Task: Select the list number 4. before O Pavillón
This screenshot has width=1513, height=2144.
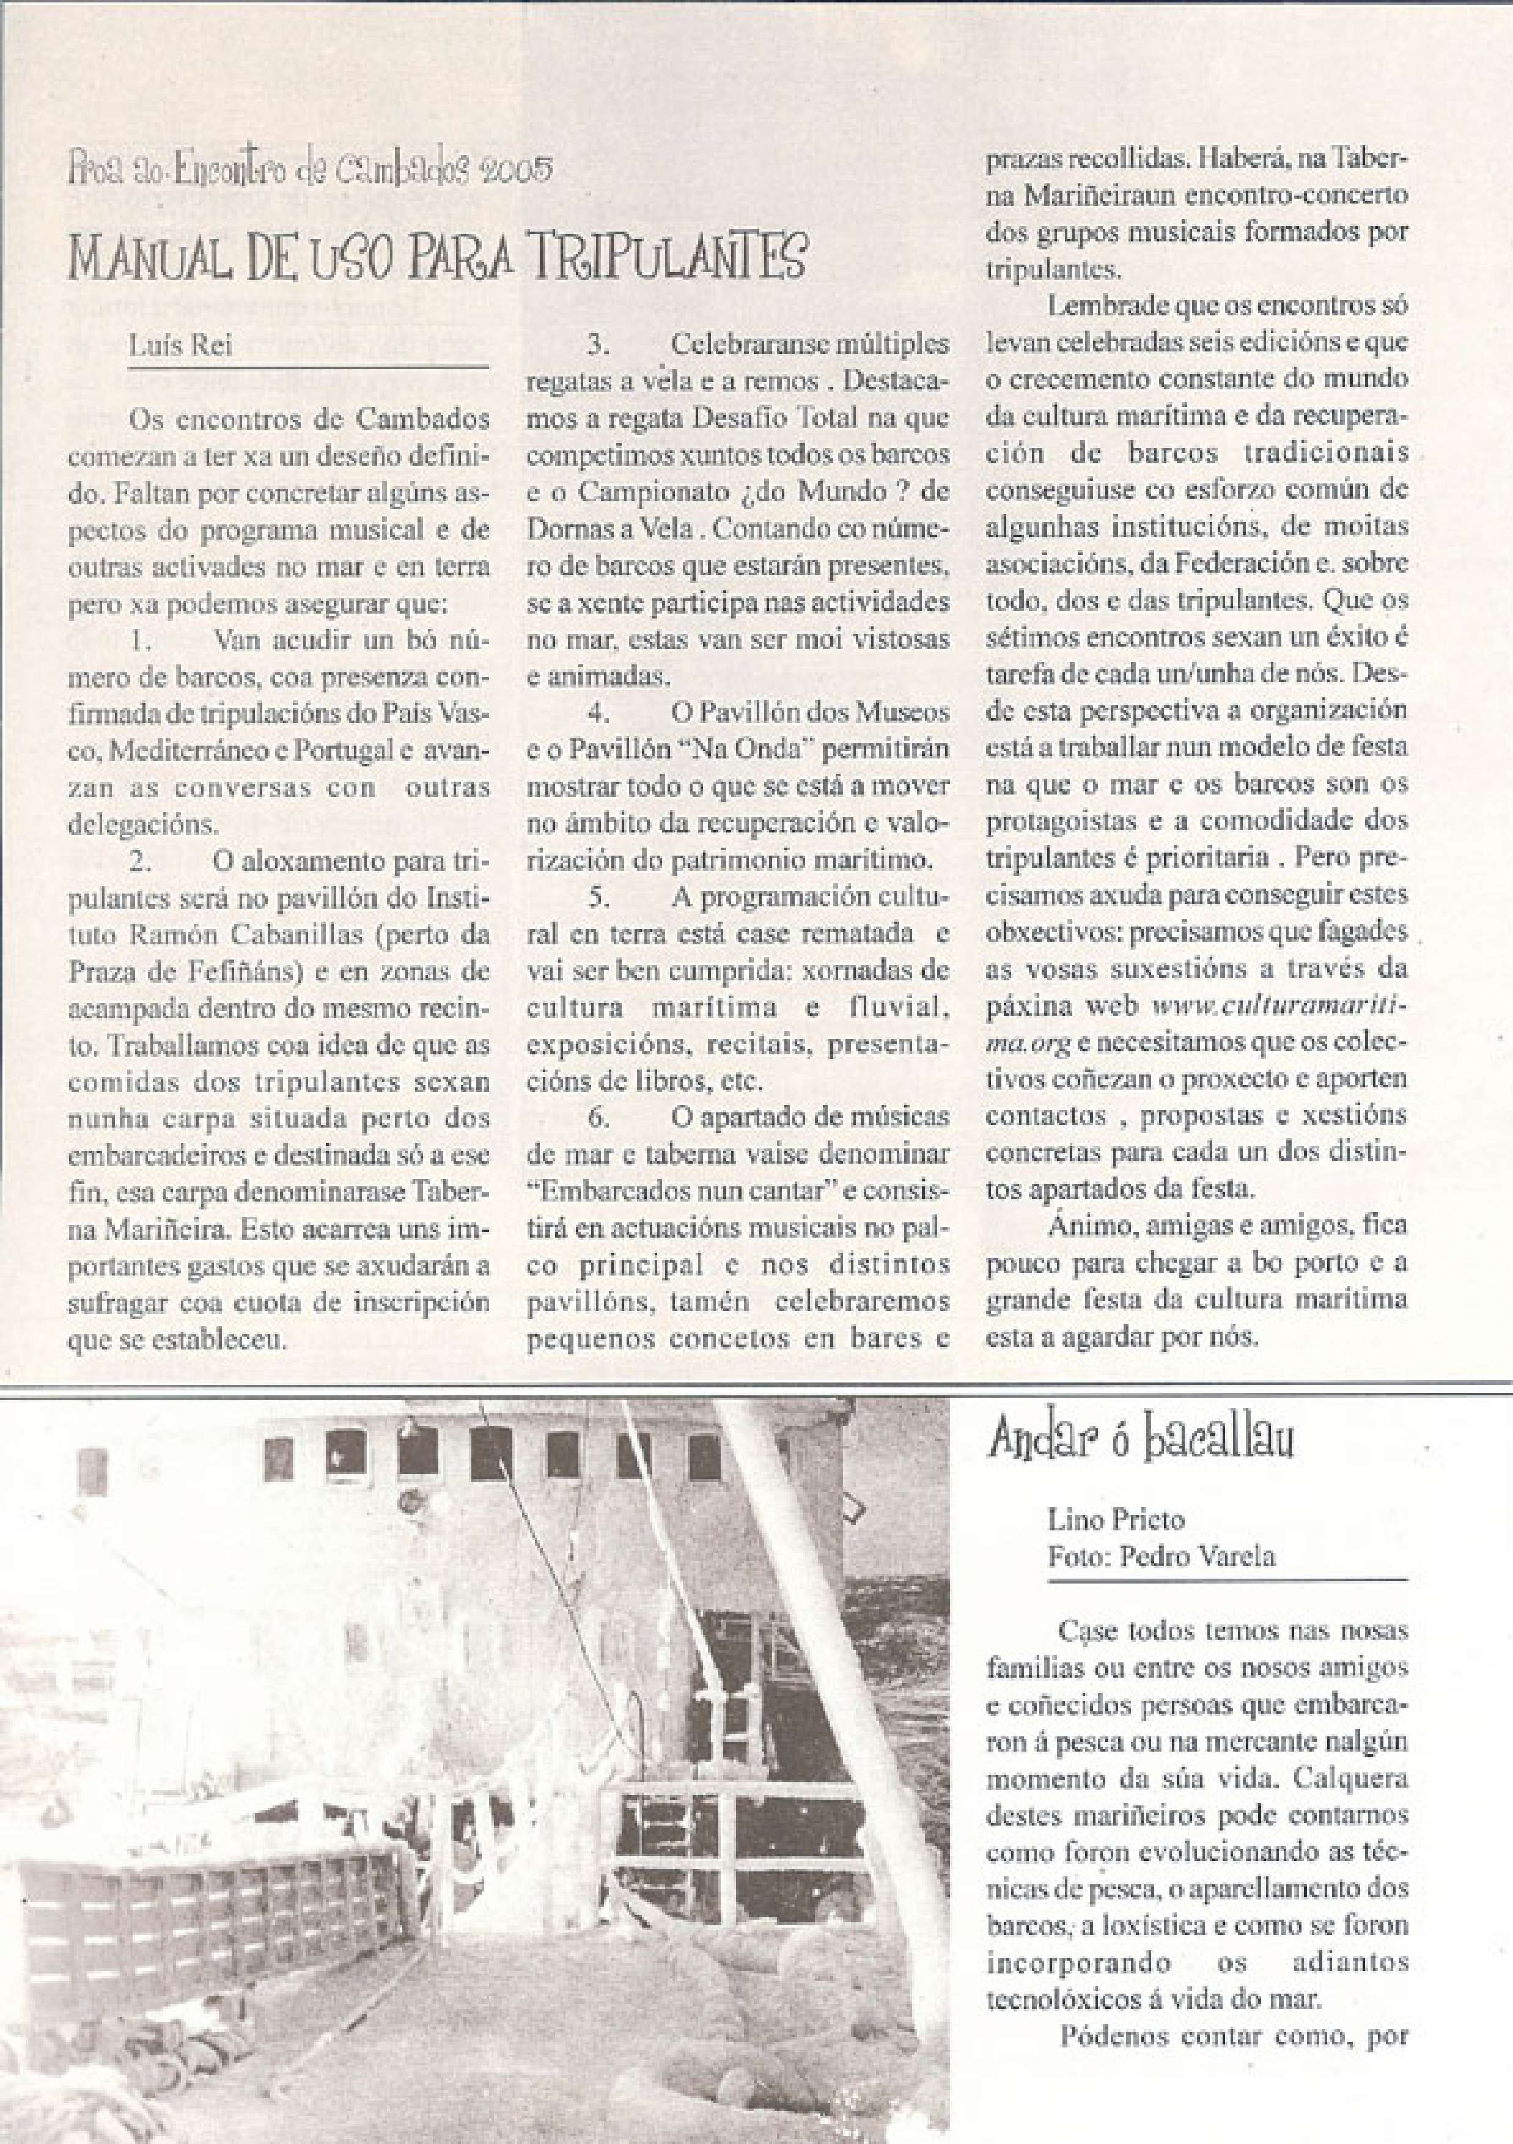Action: point(598,713)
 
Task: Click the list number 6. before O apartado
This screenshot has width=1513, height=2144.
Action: point(598,1116)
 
